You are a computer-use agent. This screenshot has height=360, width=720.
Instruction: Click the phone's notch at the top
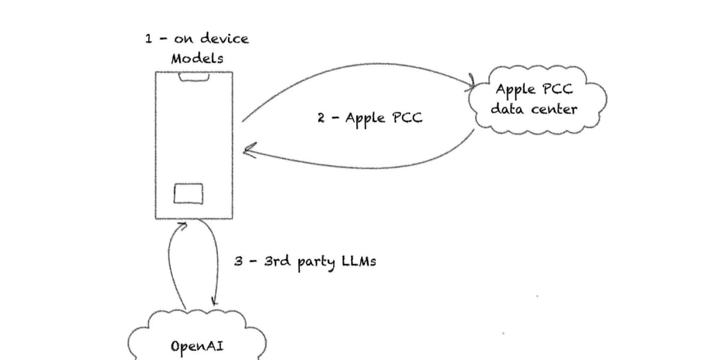tap(194, 77)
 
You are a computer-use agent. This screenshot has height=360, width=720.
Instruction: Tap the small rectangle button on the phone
tap(188, 193)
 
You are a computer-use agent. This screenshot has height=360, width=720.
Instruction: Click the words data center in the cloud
tap(533, 109)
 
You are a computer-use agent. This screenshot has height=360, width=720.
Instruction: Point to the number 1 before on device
tap(148, 39)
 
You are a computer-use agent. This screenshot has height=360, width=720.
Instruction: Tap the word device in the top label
tap(224, 39)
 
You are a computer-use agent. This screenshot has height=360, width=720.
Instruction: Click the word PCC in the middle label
tap(407, 117)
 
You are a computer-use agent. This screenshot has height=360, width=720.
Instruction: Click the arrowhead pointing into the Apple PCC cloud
tap(472, 82)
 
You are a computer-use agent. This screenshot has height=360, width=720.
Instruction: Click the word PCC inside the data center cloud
tap(557, 90)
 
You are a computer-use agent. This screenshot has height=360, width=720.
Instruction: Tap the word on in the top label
tap(181, 40)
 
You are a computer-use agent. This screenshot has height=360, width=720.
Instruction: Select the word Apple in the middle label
tap(365, 118)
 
